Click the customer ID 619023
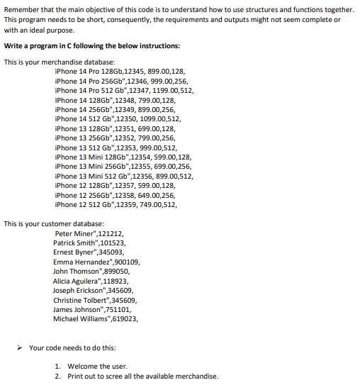point(123,319)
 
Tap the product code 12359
point(136,205)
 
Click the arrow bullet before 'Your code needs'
point(21,347)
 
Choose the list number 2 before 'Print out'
point(57,377)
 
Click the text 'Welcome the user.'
point(98,367)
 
